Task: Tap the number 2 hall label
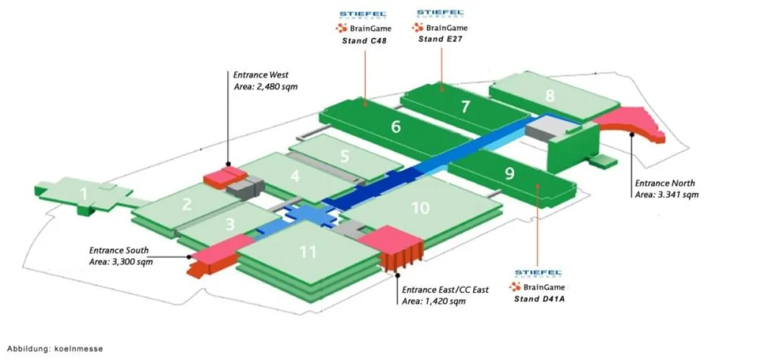(x=187, y=204)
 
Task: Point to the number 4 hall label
(x=295, y=177)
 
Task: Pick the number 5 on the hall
(x=344, y=155)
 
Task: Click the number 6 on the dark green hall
(x=396, y=127)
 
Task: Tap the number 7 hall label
(x=466, y=107)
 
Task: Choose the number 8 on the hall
(x=550, y=96)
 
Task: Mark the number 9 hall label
(x=510, y=173)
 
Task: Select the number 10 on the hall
(x=420, y=207)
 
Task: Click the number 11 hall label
(x=307, y=252)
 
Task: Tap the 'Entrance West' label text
(x=261, y=74)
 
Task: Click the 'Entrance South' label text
(x=119, y=250)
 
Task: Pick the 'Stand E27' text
(x=440, y=38)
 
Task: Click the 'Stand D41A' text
(x=539, y=298)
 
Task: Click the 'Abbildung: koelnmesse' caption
(x=55, y=348)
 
